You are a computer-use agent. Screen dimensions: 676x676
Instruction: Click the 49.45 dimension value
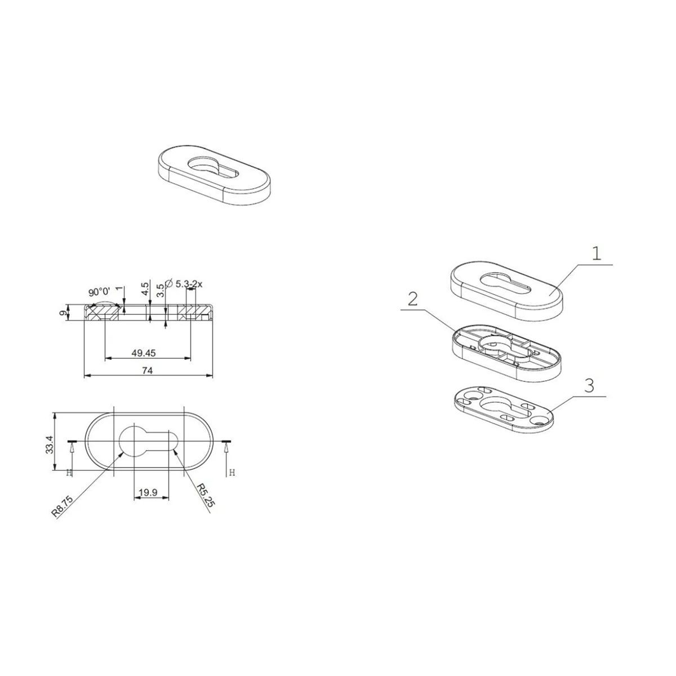143,353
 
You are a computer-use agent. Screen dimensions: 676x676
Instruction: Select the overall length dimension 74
148,371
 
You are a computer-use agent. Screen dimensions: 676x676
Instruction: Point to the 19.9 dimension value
148,492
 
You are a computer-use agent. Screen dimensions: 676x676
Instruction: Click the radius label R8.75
63,506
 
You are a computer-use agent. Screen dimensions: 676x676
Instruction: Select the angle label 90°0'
99,292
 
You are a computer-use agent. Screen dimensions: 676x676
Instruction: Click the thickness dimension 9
63,313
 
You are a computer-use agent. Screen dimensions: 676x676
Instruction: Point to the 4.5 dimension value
145,289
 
